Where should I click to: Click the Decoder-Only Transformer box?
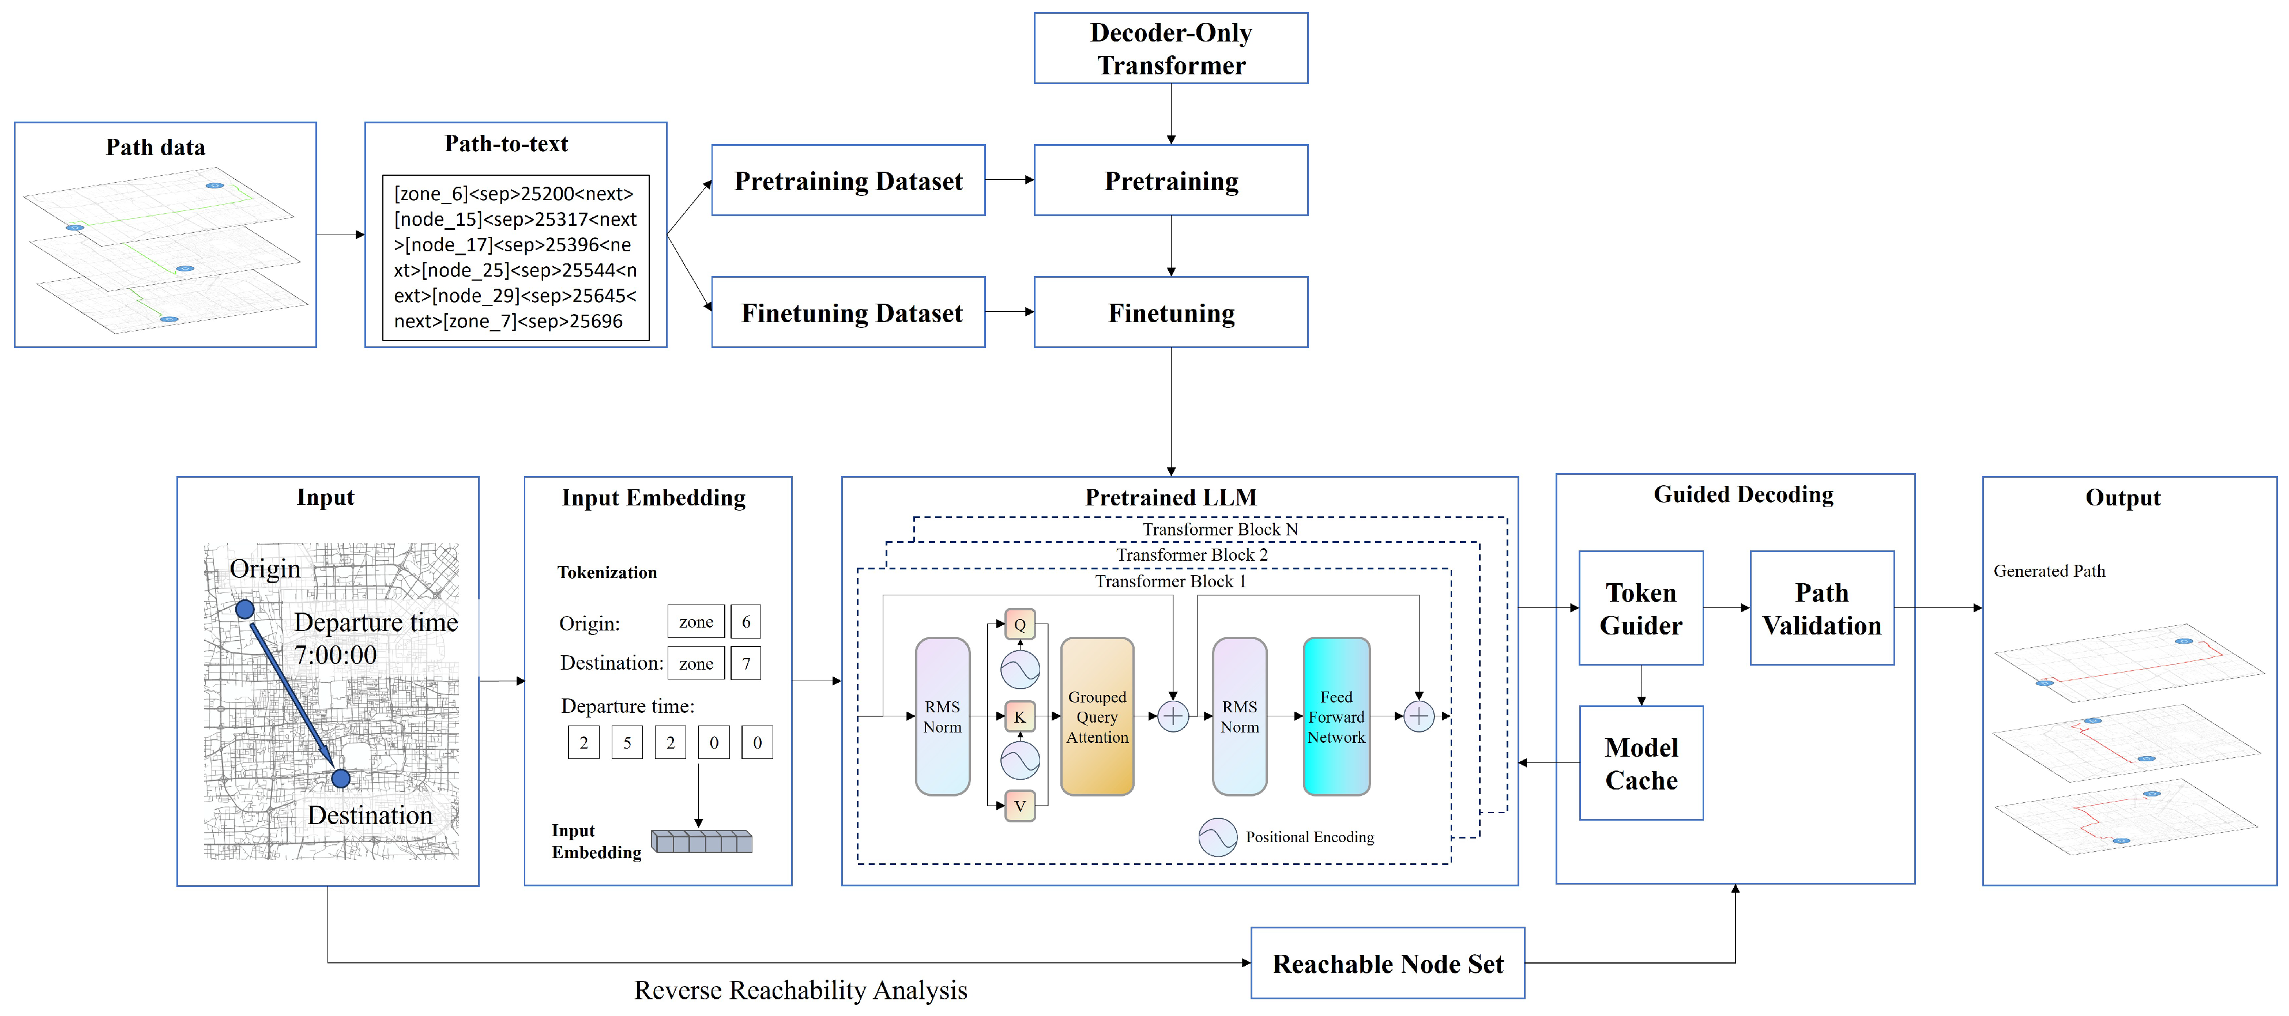(x=1170, y=49)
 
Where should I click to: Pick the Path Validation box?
(x=1821, y=609)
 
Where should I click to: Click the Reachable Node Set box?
(x=1387, y=964)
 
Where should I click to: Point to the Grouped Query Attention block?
(x=1097, y=717)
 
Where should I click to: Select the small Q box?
(x=1020, y=624)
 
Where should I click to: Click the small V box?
(x=1020, y=806)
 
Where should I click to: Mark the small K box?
(x=1020, y=716)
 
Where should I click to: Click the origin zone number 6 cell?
(x=746, y=622)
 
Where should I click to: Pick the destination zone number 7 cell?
(x=746, y=663)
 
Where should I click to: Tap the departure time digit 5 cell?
(x=627, y=742)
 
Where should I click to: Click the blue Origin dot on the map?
(x=244, y=609)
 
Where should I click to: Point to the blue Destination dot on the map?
(x=340, y=779)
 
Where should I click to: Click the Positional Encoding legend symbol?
(x=1217, y=837)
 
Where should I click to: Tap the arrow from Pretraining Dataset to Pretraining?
(x=1010, y=180)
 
